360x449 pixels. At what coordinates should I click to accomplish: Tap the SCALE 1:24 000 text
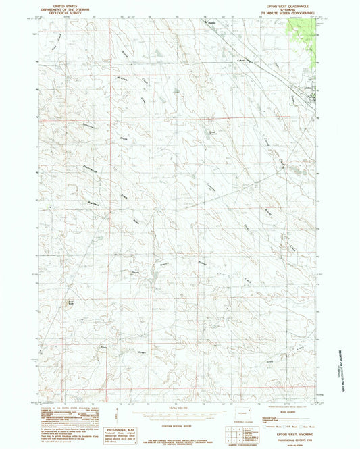pyautogui.click(x=180, y=408)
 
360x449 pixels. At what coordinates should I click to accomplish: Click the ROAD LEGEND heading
pyautogui.click(x=283, y=407)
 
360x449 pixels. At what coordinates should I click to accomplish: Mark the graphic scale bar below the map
pyautogui.click(x=180, y=415)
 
